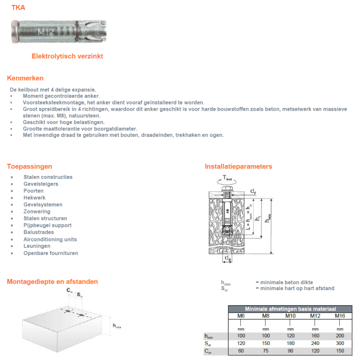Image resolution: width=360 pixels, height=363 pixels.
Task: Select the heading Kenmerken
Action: click(x=25, y=78)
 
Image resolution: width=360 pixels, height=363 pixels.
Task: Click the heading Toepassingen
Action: click(x=29, y=166)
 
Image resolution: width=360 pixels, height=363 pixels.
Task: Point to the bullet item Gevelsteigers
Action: click(x=40, y=184)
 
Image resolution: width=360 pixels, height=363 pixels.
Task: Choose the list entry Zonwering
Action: click(x=37, y=211)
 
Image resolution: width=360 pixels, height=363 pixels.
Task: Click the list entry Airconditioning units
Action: click(x=50, y=239)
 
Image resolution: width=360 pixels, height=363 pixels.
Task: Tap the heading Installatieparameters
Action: click(x=238, y=166)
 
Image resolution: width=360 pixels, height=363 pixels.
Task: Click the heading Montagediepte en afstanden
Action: click(x=52, y=282)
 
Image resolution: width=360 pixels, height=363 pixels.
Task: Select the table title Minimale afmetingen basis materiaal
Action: click(x=291, y=309)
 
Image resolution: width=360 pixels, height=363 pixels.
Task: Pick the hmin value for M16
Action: click(x=339, y=336)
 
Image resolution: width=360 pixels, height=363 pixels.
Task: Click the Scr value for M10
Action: click(x=290, y=343)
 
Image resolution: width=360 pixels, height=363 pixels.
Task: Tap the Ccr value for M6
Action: click(x=241, y=350)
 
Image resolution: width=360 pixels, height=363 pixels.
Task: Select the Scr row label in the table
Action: click(x=208, y=344)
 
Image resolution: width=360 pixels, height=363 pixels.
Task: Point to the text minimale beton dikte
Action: click(x=284, y=282)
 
